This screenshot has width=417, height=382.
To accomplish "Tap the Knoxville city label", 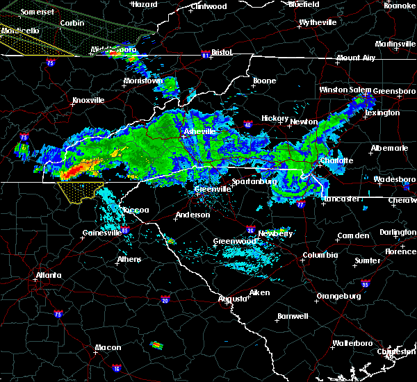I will tap(88, 100).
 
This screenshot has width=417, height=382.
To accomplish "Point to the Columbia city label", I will tap(320, 255).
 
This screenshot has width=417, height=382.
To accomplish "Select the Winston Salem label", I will tap(345, 90).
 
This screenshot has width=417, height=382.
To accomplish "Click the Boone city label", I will tap(264, 81).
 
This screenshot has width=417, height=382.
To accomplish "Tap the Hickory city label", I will tap(275, 119).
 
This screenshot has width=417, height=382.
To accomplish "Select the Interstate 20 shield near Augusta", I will tap(165, 300).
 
